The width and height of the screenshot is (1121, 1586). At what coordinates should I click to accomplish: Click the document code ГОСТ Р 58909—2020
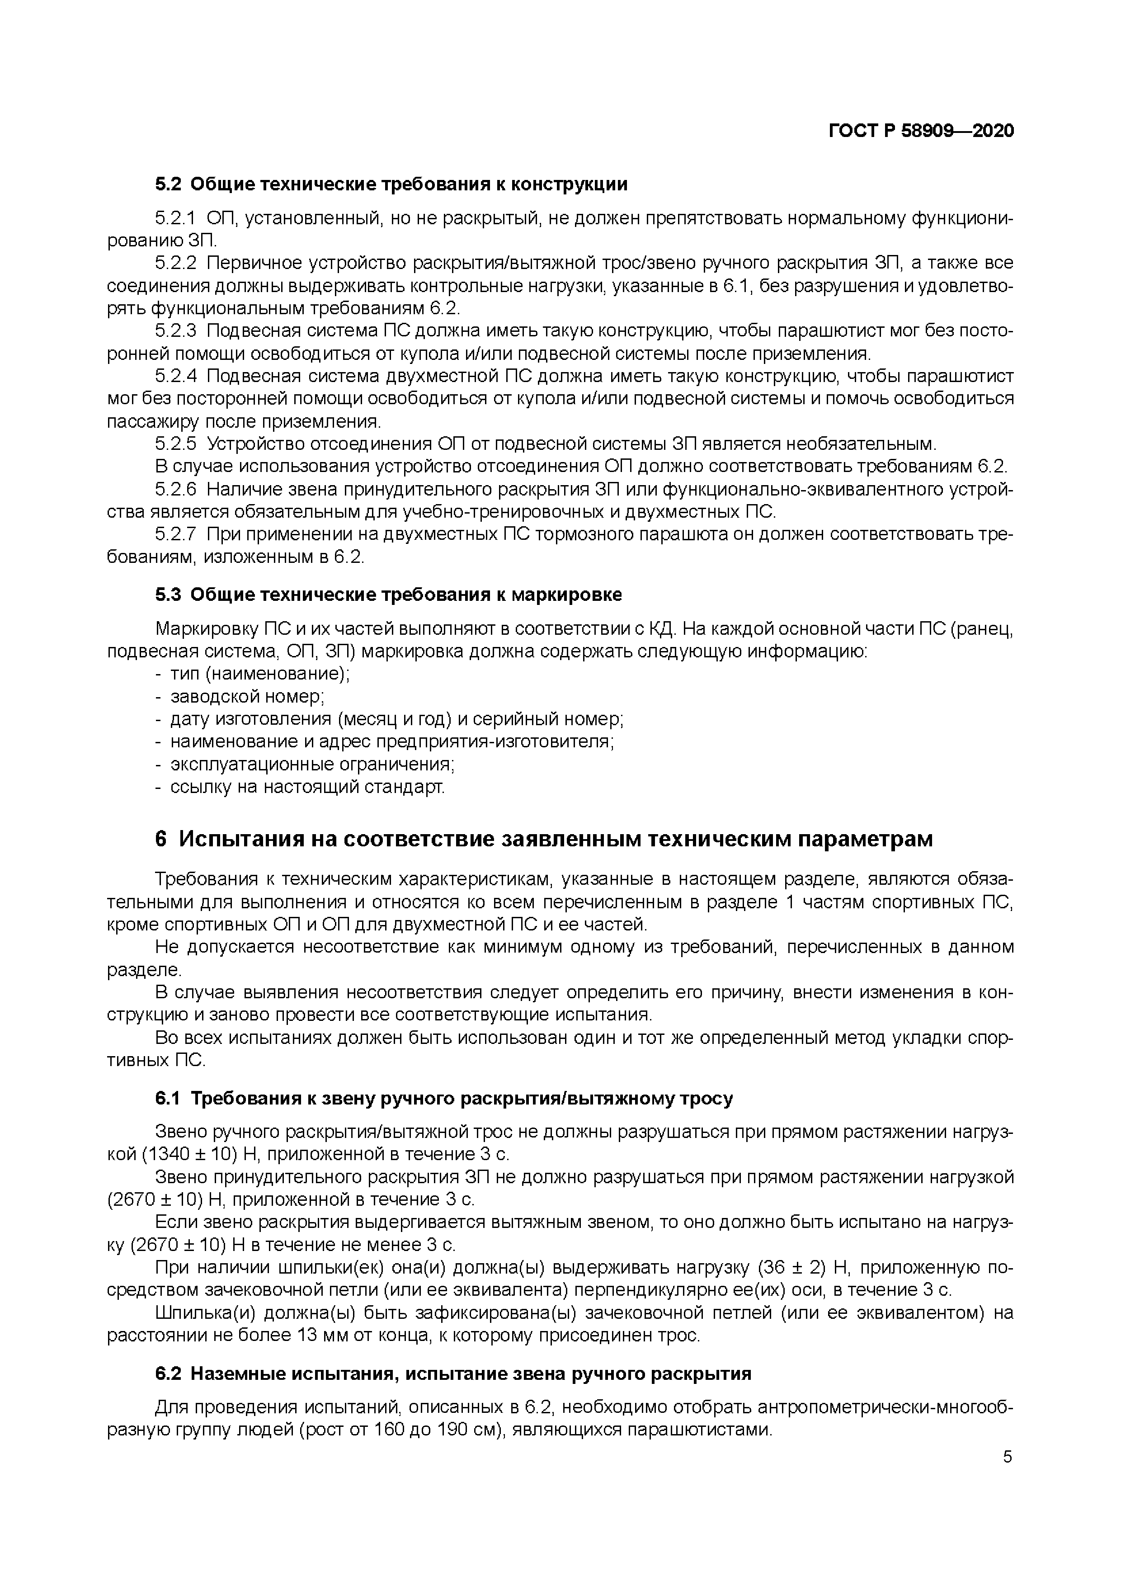click(x=921, y=131)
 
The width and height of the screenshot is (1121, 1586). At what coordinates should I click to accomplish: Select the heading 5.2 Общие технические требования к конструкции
click(x=391, y=184)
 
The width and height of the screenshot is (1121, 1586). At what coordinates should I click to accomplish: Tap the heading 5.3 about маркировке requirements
click(x=388, y=595)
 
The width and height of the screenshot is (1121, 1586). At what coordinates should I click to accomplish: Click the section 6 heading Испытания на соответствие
click(x=544, y=839)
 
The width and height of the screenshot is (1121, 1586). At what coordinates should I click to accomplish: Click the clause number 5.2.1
click(x=175, y=219)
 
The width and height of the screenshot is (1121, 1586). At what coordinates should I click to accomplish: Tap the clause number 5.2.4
click(x=175, y=377)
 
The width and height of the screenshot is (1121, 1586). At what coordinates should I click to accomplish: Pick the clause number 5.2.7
click(x=175, y=535)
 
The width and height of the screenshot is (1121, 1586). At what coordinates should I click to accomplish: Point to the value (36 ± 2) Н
click(x=802, y=1268)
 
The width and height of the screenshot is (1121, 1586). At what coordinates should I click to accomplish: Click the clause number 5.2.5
click(x=175, y=444)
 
